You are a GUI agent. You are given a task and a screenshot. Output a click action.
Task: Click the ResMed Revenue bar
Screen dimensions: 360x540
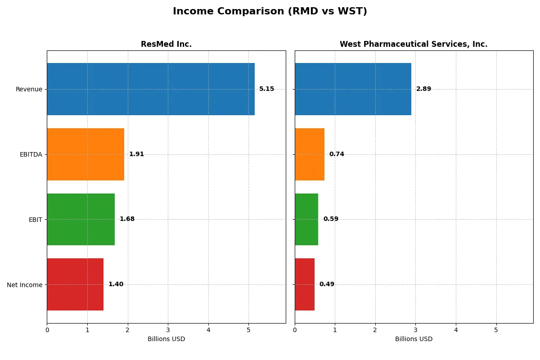[151, 89]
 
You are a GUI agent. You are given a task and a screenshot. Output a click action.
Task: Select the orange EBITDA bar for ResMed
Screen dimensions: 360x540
[85, 154]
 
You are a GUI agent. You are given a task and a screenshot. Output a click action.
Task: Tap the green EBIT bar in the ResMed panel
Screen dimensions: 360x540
[81, 219]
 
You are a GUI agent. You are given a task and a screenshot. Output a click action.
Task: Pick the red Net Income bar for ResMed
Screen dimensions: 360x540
[75, 284]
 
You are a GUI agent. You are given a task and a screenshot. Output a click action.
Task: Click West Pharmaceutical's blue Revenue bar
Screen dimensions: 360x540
[353, 89]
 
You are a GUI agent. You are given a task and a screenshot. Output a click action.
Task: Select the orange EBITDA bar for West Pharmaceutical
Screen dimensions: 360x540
[310, 154]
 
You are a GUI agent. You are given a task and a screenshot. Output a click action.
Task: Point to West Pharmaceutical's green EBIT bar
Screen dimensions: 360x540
[306, 219]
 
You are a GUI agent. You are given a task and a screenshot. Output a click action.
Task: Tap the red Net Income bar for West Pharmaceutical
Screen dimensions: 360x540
[305, 284]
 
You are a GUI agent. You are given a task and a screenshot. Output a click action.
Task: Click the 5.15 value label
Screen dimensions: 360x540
[266, 89]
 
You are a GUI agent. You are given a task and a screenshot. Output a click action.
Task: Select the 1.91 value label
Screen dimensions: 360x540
[136, 154]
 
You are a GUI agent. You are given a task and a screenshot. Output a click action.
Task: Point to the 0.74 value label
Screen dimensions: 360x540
[337, 154]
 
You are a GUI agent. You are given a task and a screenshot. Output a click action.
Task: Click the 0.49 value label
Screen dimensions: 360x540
[327, 284]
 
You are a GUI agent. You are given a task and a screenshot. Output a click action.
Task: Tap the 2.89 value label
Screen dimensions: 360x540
[423, 89]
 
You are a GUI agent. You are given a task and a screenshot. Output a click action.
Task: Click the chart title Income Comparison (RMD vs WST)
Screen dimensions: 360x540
[270, 12]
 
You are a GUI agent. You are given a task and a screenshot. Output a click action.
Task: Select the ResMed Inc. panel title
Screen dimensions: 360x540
[166, 44]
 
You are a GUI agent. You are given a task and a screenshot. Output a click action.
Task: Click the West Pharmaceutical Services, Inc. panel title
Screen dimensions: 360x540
[414, 44]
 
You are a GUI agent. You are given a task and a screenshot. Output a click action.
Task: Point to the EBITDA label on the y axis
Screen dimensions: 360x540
[31, 154]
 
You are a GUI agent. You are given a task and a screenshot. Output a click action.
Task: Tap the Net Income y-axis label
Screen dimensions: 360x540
[25, 284]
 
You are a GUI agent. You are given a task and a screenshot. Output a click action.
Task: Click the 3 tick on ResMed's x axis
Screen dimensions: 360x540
[168, 330]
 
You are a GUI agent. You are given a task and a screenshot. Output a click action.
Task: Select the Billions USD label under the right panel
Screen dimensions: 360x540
[414, 339]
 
